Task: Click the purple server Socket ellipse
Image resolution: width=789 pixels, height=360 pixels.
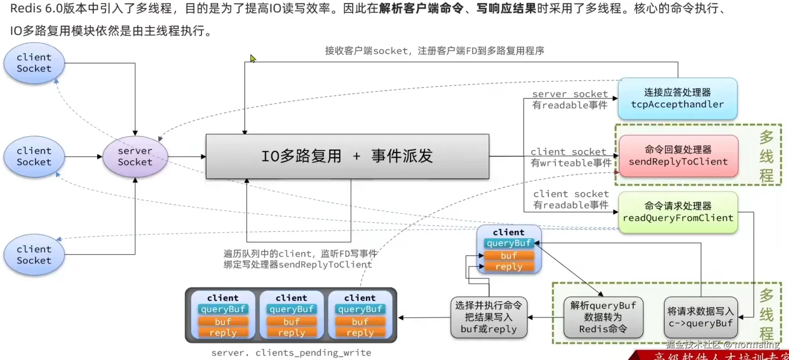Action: [135, 156]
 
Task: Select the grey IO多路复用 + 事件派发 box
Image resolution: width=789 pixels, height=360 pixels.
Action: [347, 156]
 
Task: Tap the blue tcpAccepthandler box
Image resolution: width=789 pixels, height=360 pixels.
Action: [677, 98]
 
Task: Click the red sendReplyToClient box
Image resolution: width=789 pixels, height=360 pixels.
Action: [678, 156]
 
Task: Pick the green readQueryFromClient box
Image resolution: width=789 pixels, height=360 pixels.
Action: [678, 212]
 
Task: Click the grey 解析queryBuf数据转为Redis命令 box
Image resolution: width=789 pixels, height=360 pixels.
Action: [603, 317]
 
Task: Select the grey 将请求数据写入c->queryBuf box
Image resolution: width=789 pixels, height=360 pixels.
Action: [701, 317]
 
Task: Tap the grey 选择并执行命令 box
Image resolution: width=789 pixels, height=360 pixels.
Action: [489, 317]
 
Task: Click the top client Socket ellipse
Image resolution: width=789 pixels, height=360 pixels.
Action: [34, 63]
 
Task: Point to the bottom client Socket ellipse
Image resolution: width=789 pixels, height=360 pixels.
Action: [34, 255]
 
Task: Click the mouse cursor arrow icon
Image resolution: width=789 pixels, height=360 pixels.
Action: [253, 58]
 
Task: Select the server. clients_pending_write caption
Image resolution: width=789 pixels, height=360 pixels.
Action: [291, 353]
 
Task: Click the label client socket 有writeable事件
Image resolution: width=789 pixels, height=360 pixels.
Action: [571, 157]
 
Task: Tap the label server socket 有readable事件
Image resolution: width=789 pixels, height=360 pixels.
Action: [570, 100]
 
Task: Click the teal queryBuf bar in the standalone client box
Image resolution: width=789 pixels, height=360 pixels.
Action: [508, 243]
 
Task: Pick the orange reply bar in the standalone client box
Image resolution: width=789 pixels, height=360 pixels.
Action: [508, 267]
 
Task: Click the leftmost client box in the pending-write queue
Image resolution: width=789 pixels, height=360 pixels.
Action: [223, 315]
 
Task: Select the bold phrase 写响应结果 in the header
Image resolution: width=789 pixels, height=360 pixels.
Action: [506, 8]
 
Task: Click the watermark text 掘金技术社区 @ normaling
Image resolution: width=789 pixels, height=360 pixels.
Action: [722, 344]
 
